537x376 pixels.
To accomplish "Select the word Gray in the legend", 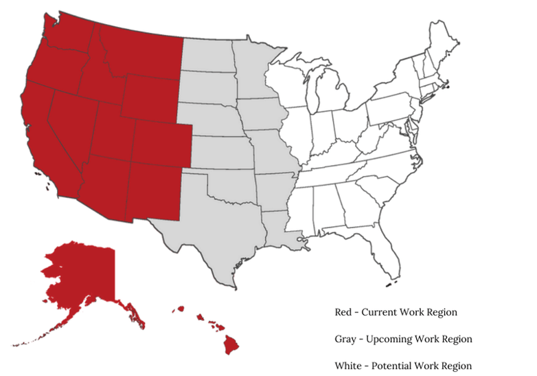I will click(345, 340).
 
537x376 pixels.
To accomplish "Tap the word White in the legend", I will click(349, 366).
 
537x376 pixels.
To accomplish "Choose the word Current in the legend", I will click(382, 312).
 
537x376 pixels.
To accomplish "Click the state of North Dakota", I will click(207, 55).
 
